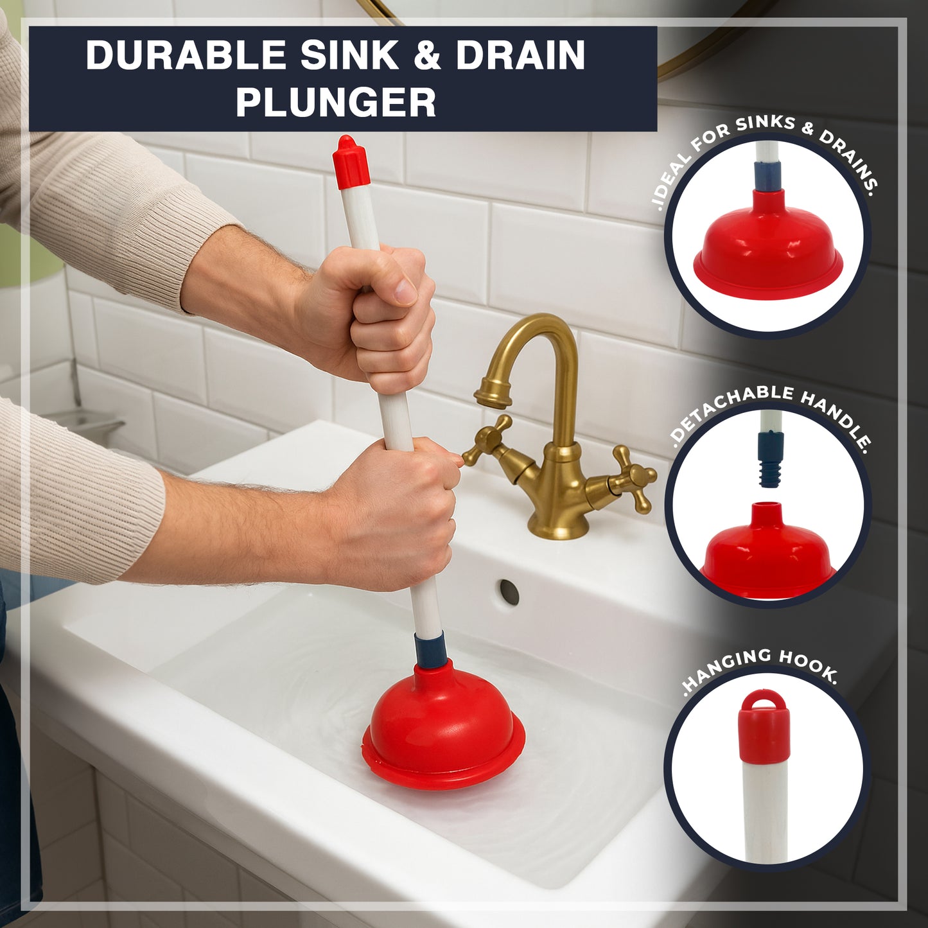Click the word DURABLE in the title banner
(186, 55)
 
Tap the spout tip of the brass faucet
(493, 399)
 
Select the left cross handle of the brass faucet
(488, 439)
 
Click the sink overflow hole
(509, 591)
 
